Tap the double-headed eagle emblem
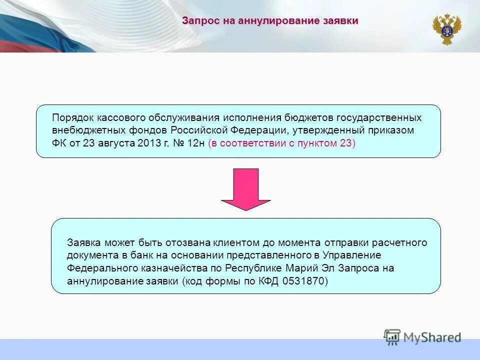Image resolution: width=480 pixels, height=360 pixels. click(446, 29)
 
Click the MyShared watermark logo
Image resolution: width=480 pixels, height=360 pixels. click(422, 336)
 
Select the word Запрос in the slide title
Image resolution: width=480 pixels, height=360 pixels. click(197, 21)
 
